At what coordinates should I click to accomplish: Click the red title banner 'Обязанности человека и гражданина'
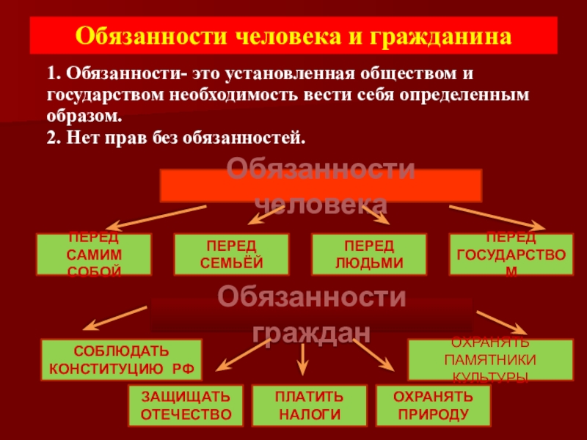click(x=293, y=35)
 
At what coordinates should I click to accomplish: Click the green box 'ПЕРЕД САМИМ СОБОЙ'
click(x=94, y=254)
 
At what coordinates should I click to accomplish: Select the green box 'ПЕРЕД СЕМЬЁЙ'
click(x=231, y=254)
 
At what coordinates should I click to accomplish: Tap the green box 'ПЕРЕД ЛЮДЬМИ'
click(x=368, y=254)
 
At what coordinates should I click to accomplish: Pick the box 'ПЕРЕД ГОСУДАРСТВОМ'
click(x=511, y=254)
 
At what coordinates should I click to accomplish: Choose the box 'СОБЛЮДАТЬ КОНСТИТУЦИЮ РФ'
click(x=121, y=359)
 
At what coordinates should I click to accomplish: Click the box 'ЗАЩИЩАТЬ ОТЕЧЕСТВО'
click(x=186, y=406)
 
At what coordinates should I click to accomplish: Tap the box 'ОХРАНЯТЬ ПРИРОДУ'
click(x=432, y=406)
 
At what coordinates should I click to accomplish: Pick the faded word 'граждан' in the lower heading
click(x=310, y=331)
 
